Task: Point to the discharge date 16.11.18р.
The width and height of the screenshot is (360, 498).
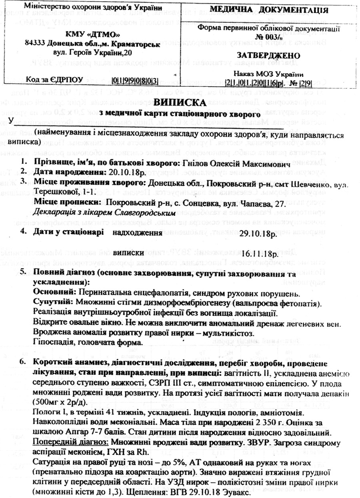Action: [x=259, y=253]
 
